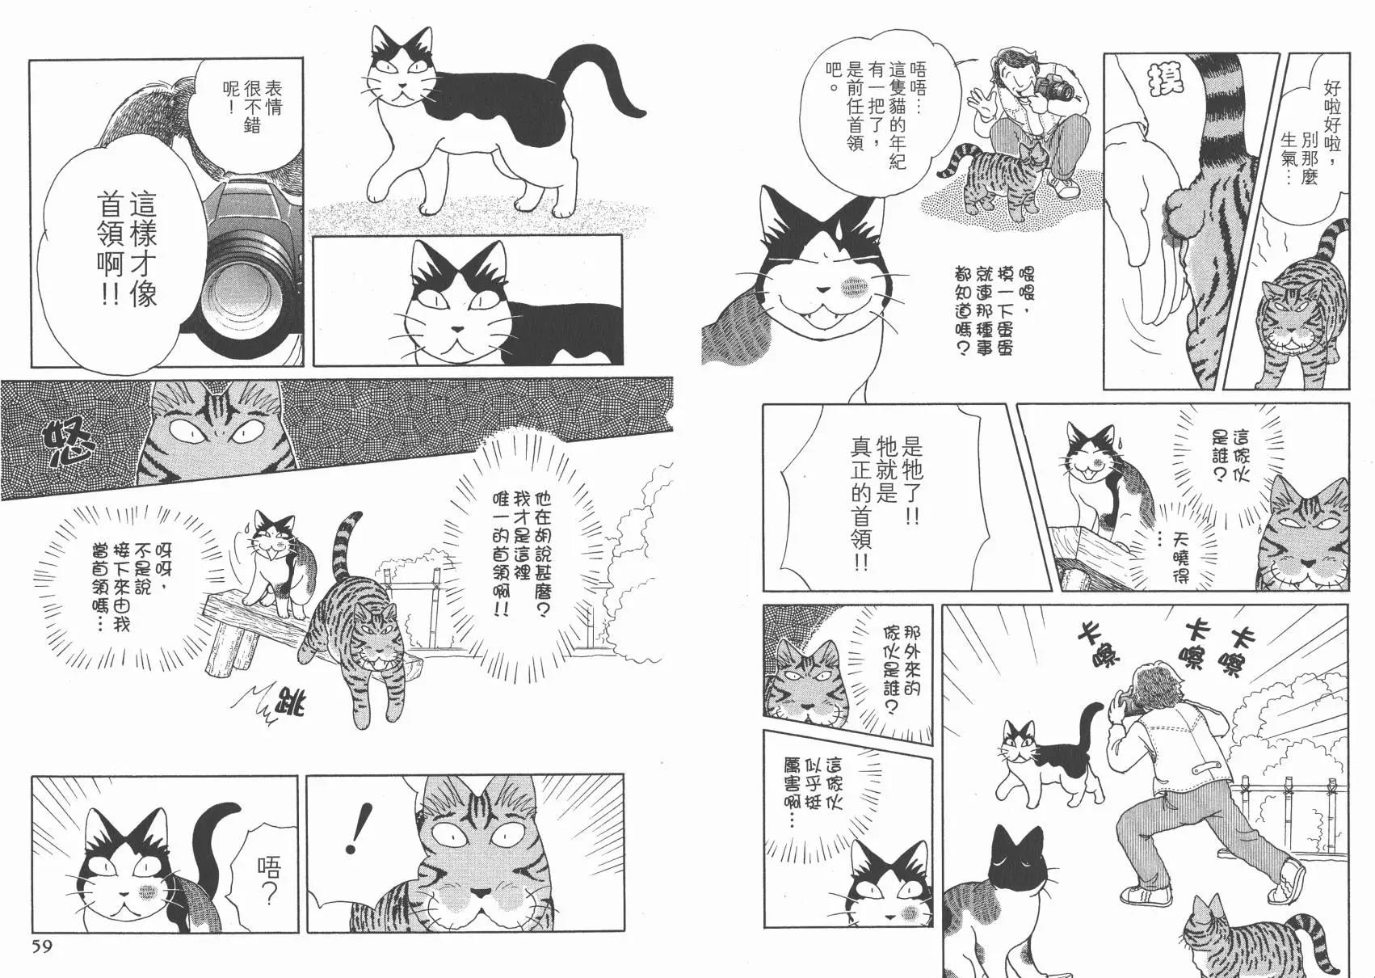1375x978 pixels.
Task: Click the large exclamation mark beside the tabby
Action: click(x=354, y=828)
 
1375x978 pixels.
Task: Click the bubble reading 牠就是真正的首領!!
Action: click(x=884, y=498)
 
